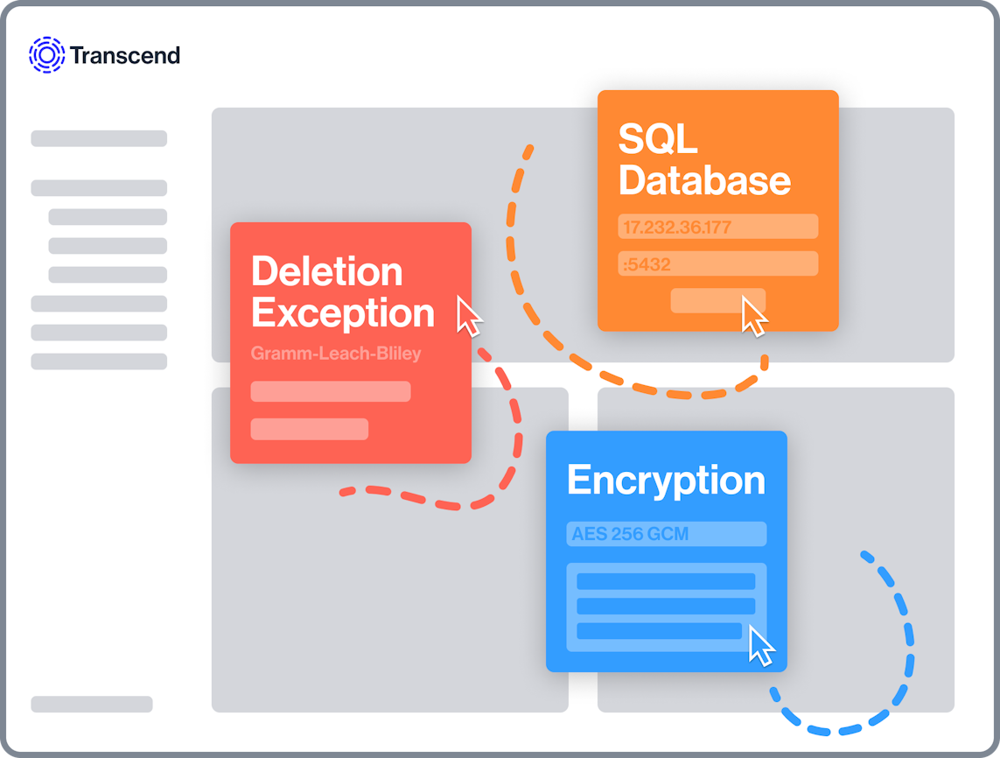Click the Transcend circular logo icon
[46, 55]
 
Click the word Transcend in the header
[125, 55]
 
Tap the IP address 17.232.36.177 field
[718, 227]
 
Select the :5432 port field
[718, 263]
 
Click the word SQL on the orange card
[658, 138]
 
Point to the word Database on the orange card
[704, 180]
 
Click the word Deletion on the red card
[327, 271]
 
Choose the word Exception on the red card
[343, 313]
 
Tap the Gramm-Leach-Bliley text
[336, 353]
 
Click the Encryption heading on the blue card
[667, 481]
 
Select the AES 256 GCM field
[667, 534]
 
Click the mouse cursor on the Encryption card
[761, 646]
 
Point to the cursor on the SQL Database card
[754, 316]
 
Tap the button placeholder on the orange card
[717, 300]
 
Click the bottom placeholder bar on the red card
[310, 429]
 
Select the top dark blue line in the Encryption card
[666, 581]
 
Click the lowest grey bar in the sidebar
[92, 704]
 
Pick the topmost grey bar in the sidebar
[99, 138]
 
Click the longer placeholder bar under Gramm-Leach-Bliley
[331, 391]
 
